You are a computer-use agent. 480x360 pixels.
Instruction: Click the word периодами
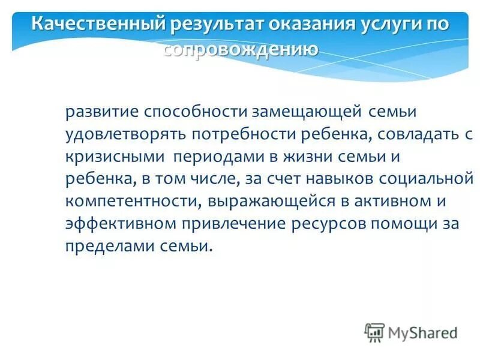point(214,157)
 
